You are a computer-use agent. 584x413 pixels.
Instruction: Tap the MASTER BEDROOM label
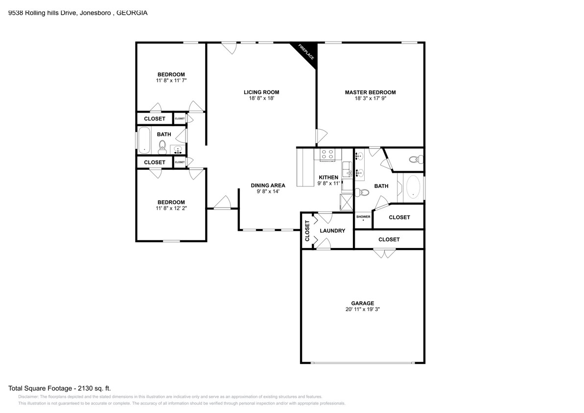tap(370, 92)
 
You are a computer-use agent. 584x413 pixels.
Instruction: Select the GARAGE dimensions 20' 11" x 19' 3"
tap(362, 309)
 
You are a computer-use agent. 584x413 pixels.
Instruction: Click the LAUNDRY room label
tap(332, 230)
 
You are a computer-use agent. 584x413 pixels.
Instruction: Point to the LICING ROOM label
tap(261, 92)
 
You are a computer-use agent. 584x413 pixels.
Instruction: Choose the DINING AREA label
tap(268, 185)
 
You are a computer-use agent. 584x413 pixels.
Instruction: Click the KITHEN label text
tap(328, 177)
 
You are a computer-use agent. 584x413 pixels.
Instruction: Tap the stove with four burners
tap(327, 155)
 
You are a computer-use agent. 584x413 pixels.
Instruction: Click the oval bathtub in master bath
tap(414, 187)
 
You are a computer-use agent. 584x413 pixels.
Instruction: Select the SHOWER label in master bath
tap(363, 216)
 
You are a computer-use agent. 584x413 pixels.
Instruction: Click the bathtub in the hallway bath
tap(143, 140)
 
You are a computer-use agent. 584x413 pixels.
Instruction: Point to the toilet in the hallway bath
tap(162, 146)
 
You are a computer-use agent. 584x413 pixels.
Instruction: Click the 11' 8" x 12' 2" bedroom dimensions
tap(171, 208)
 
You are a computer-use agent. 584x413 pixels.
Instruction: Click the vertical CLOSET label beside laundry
tap(307, 231)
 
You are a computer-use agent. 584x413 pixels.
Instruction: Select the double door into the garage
tap(384, 253)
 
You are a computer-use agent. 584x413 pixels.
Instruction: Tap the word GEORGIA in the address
tap(132, 13)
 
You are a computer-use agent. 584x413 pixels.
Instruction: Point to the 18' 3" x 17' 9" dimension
tap(370, 98)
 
